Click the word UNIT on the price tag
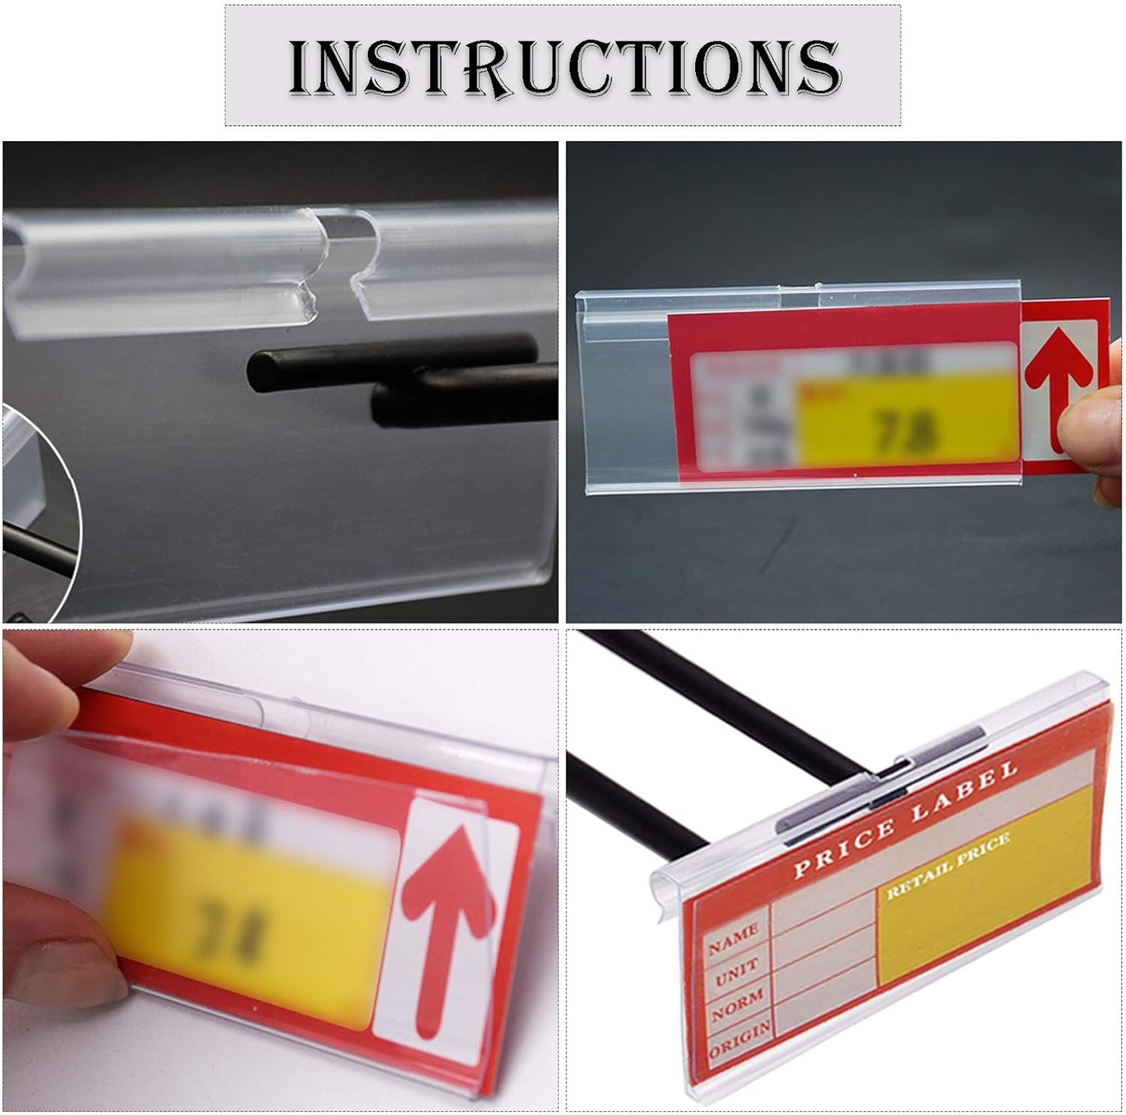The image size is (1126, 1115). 736,973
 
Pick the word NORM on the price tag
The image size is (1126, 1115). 736,1005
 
